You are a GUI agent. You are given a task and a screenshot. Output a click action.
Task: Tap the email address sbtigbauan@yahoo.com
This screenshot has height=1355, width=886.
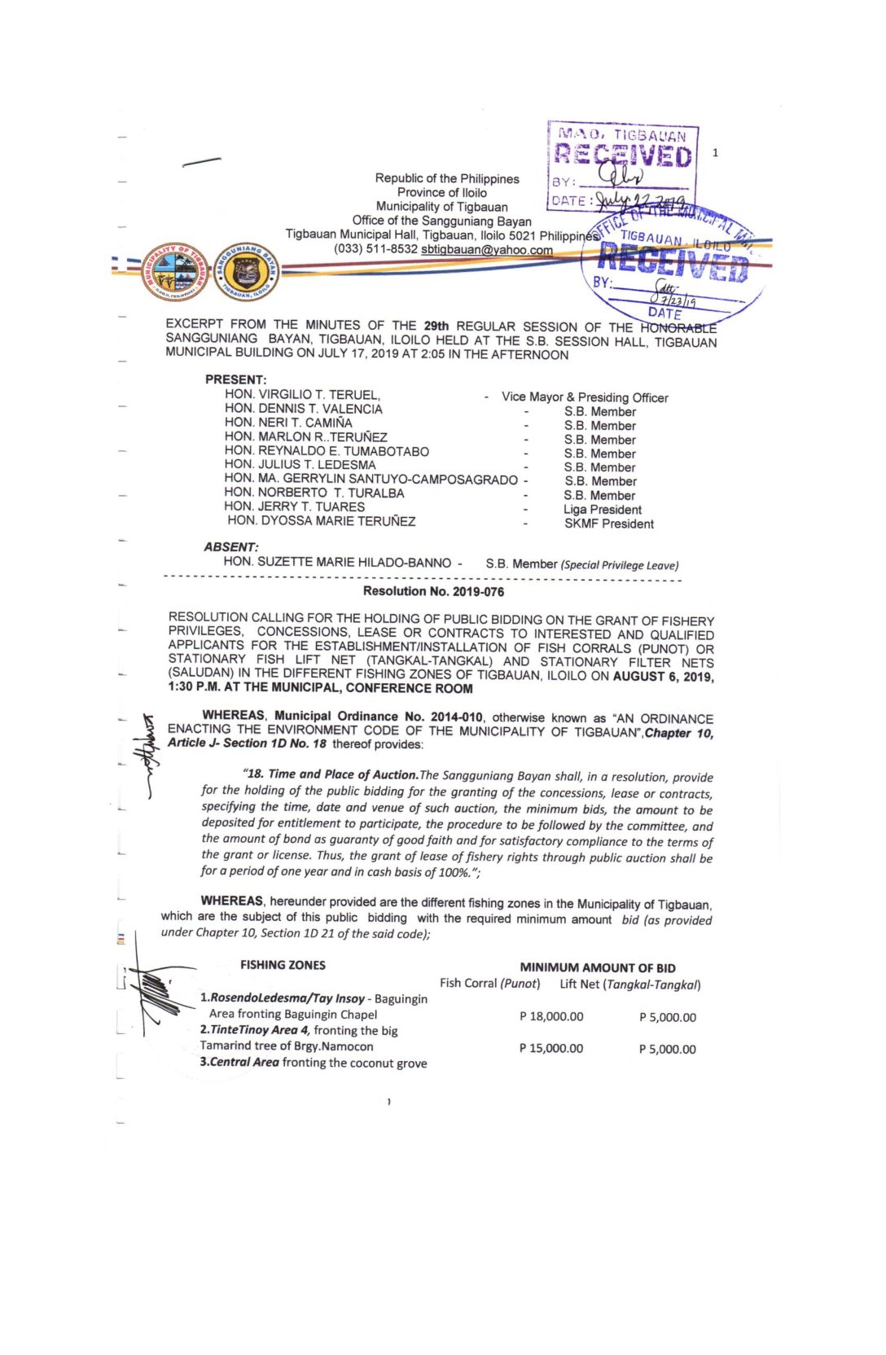(486, 250)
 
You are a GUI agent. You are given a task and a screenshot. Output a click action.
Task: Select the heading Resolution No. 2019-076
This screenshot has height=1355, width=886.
(433, 592)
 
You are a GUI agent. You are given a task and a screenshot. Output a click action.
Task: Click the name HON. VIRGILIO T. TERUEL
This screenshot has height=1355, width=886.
(302, 395)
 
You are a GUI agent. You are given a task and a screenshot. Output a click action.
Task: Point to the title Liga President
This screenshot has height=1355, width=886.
(602, 510)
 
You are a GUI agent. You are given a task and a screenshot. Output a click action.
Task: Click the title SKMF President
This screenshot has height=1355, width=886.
(608, 524)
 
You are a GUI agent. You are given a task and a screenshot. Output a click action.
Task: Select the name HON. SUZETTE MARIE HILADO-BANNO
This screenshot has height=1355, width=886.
(337, 563)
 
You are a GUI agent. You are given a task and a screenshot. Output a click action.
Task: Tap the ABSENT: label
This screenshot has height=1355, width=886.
(231, 547)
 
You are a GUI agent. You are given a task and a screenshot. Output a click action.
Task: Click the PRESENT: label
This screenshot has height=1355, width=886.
(235, 380)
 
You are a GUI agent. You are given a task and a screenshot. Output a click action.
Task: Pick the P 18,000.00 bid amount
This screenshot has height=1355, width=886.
(551, 1017)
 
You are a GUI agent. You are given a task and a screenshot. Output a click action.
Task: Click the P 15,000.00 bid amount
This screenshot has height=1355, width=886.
(551, 1049)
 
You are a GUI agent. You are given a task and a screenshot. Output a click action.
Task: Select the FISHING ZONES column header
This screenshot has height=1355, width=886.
(283, 965)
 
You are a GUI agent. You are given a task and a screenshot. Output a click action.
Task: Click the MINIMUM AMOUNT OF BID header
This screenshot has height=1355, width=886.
(597, 968)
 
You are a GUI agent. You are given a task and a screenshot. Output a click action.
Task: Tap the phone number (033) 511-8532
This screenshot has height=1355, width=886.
(375, 249)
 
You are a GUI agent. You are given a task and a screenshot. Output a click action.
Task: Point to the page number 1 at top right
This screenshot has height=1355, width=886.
(715, 152)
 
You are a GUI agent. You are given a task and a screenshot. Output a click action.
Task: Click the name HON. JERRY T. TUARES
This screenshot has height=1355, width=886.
(295, 506)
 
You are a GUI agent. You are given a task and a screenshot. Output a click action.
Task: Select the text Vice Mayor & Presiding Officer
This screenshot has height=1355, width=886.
(585, 397)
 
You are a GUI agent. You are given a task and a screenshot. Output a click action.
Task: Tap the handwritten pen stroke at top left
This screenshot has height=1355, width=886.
(201, 162)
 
